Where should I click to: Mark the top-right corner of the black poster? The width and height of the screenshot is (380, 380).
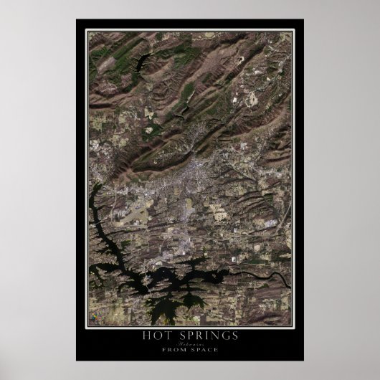click(x=304, y=19)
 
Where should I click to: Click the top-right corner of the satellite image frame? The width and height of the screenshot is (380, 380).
click(x=294, y=30)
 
